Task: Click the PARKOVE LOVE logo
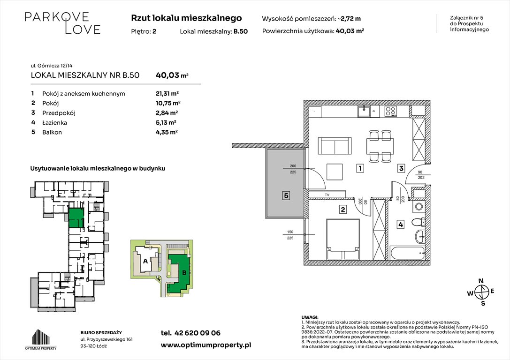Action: point(62,23)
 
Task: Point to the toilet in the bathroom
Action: point(419,223)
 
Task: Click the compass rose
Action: point(481,292)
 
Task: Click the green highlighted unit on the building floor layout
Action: point(76,219)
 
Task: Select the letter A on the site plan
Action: point(145,261)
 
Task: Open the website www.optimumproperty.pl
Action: point(206,345)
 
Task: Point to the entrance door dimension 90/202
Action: point(420,174)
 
